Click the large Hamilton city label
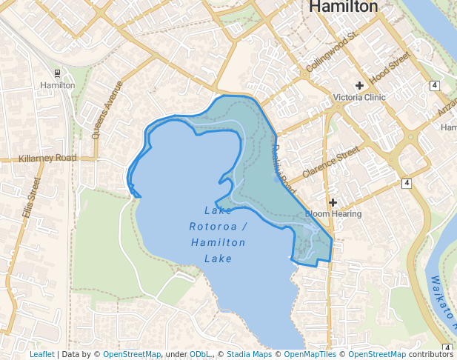tap(343, 7)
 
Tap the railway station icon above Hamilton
tap(58, 73)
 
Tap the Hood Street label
tap(390, 67)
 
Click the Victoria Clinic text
tap(359, 98)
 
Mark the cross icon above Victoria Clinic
tap(359, 86)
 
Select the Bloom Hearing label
tap(333, 214)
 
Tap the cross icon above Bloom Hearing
tap(333, 202)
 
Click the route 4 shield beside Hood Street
tap(433, 86)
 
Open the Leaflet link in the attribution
tap(42, 355)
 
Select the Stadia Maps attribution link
tap(249, 355)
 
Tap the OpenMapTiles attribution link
tap(308, 355)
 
